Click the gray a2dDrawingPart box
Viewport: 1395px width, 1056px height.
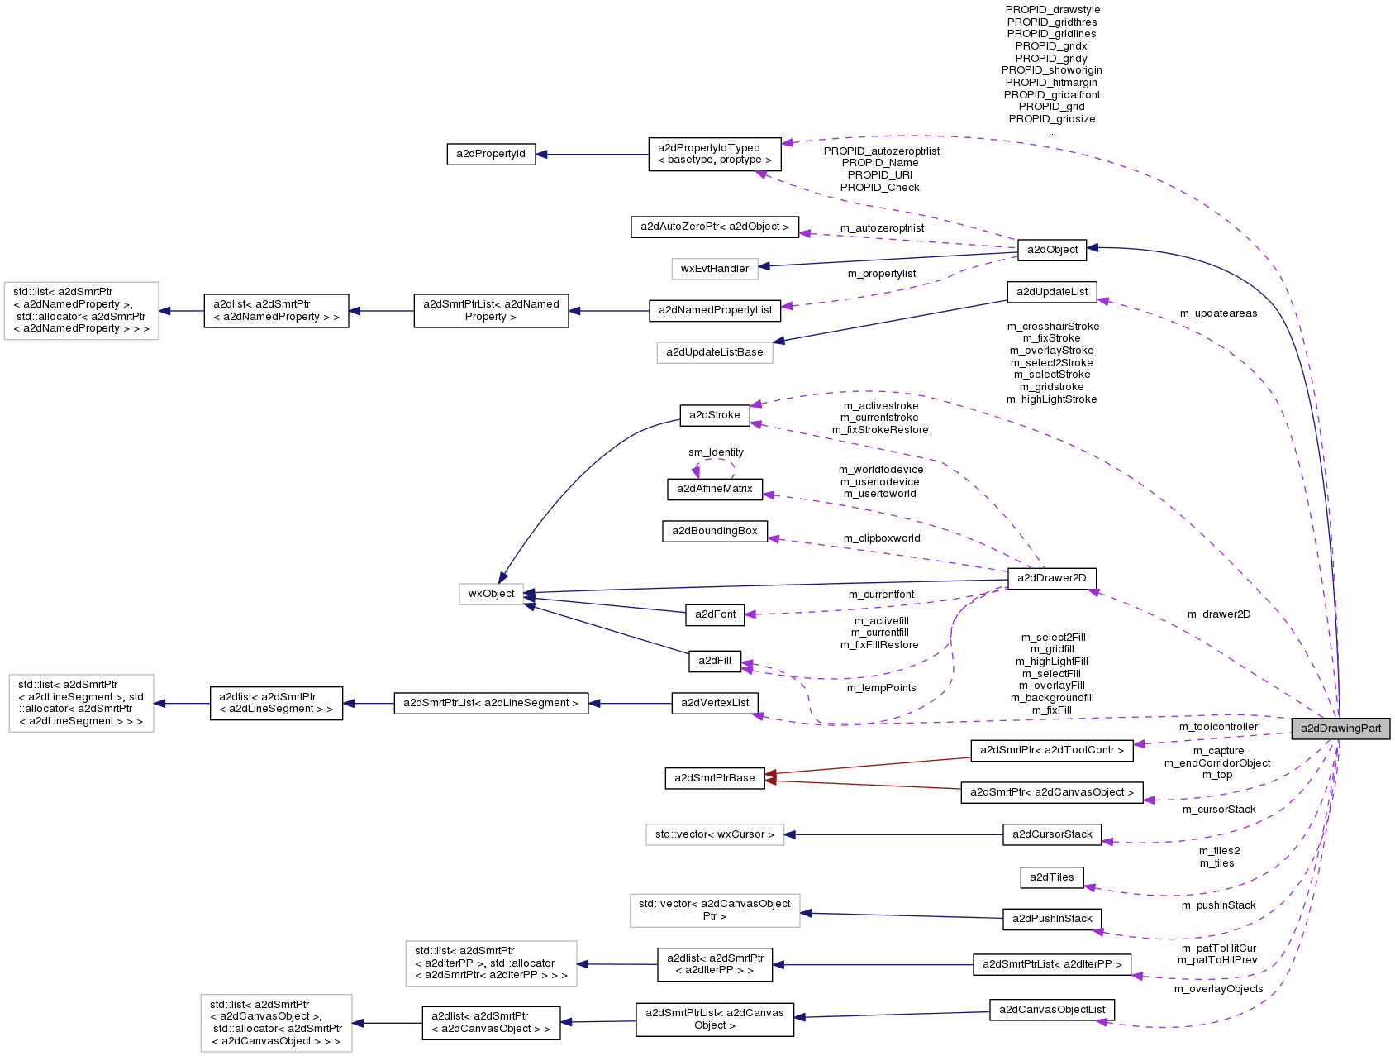pyautogui.click(x=1340, y=729)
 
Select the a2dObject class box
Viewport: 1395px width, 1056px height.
pyautogui.click(x=1051, y=250)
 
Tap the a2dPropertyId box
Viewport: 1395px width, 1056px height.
pyautogui.click(x=491, y=154)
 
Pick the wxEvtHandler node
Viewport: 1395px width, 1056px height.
pyautogui.click(x=715, y=268)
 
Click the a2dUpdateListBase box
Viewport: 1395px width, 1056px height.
pyautogui.click(x=715, y=352)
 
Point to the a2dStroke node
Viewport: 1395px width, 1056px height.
pyautogui.click(x=715, y=415)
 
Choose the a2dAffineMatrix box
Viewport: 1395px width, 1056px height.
pyautogui.click(x=715, y=489)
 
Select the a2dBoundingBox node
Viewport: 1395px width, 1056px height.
pyautogui.click(x=715, y=531)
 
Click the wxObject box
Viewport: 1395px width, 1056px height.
pyautogui.click(x=491, y=594)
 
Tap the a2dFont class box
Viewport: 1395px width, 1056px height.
pyautogui.click(x=715, y=614)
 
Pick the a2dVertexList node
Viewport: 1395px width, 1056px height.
pyautogui.click(x=715, y=703)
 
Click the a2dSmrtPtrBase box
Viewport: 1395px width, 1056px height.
pyautogui.click(x=715, y=778)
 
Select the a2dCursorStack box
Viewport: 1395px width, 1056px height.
pyautogui.click(x=1052, y=834)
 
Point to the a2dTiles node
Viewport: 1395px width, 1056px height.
pyautogui.click(x=1051, y=877)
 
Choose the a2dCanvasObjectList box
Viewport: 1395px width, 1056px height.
pyautogui.click(x=1052, y=1010)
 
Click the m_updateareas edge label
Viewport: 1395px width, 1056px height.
pyautogui.click(x=1218, y=313)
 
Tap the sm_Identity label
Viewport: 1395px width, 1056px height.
pyautogui.click(x=716, y=452)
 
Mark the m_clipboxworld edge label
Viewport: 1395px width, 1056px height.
pyautogui.click(x=882, y=538)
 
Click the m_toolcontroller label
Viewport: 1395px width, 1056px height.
pyautogui.click(x=1218, y=727)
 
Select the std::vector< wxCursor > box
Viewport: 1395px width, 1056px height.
pyautogui.click(x=715, y=834)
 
